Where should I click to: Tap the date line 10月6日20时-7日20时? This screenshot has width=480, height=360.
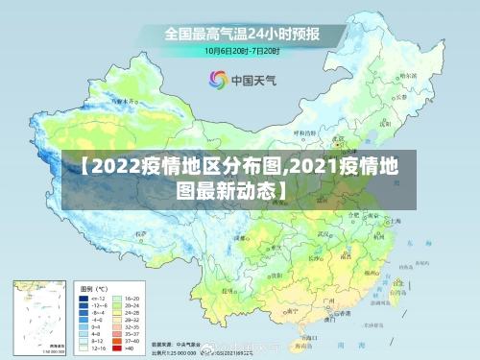click(x=241, y=50)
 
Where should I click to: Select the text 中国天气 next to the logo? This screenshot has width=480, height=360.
click(x=252, y=80)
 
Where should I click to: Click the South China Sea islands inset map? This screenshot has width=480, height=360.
click(x=39, y=314)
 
